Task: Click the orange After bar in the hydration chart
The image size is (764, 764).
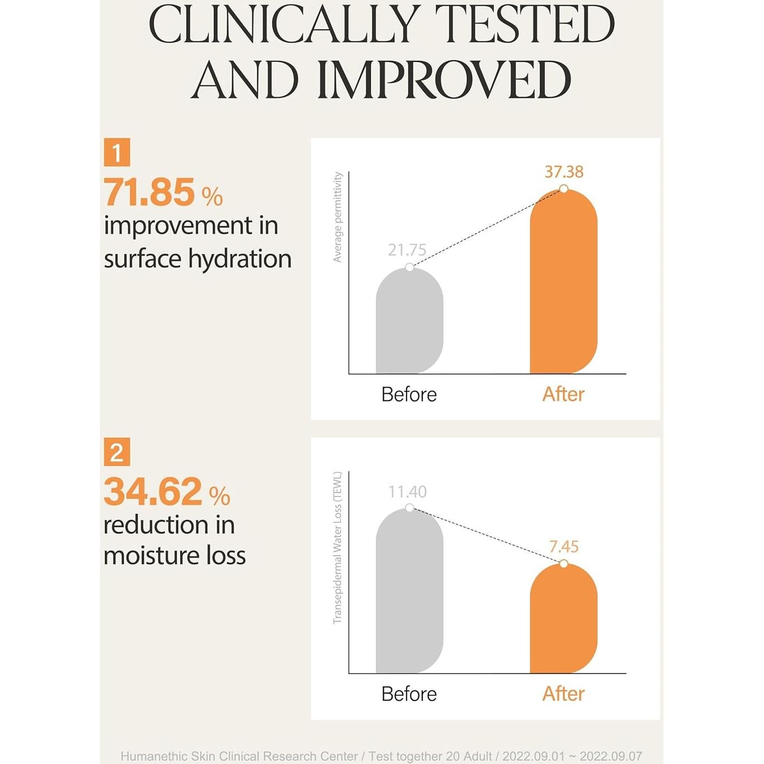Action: [564, 285]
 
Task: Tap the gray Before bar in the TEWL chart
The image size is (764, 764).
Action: [409, 592]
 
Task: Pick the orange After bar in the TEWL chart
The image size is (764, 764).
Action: [564, 620]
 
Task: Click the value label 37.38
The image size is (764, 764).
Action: [564, 172]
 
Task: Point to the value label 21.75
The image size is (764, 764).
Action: [407, 250]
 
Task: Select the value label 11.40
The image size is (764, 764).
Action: [408, 492]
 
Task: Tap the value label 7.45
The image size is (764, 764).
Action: [564, 547]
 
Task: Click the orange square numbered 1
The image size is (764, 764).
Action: [117, 152]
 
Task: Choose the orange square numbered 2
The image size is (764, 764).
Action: [117, 452]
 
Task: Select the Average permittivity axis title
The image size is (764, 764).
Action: [337, 217]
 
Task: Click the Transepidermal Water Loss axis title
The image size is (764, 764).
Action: [337, 547]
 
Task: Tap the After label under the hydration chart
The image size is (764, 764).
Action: [564, 394]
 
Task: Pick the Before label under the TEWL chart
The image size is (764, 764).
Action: [409, 694]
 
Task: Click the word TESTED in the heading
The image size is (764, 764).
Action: [524, 25]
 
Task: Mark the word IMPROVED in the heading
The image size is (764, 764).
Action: [444, 80]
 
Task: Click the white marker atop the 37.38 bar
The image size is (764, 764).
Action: [564, 189]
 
